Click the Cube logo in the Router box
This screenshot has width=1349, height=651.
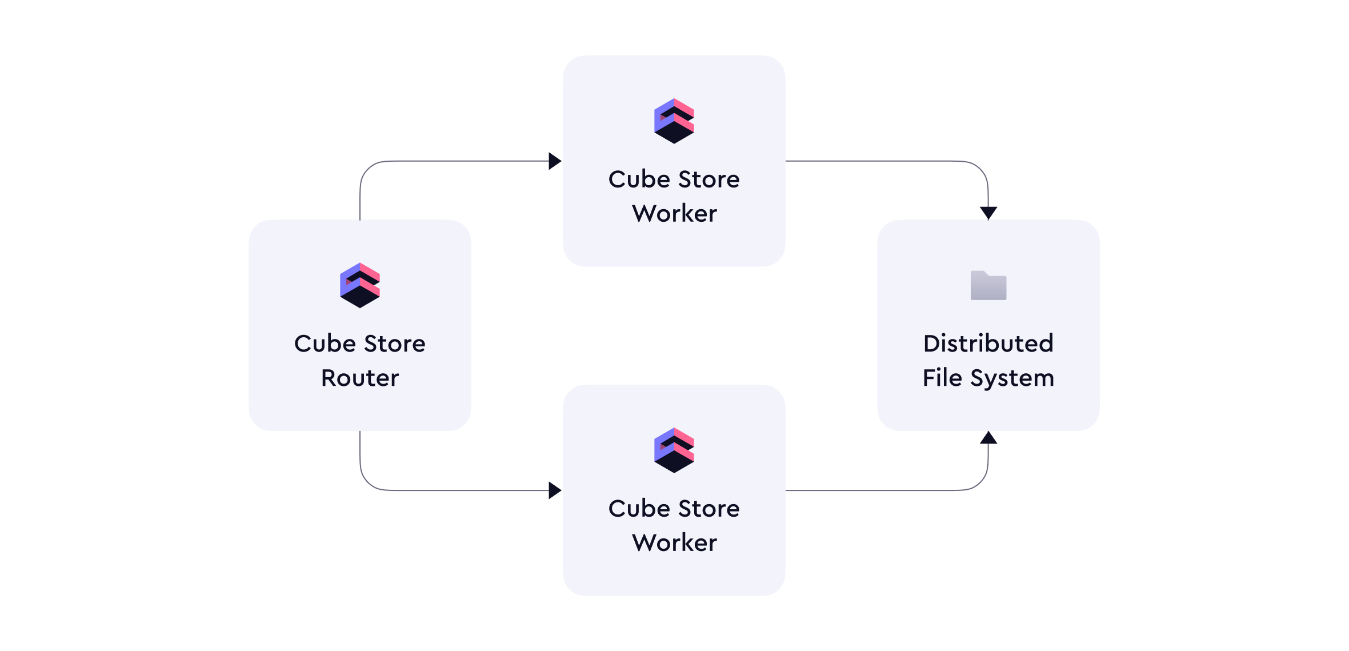coord(360,285)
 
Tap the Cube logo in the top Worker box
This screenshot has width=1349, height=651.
coord(674,121)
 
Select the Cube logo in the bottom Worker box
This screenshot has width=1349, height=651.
coord(674,450)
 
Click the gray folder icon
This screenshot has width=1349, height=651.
coord(988,285)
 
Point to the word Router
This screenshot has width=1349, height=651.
coord(360,378)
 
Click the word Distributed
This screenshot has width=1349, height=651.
coord(988,344)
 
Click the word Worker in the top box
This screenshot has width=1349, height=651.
coord(674,213)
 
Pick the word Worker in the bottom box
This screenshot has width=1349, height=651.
coord(674,542)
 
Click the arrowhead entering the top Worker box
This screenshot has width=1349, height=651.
coord(555,161)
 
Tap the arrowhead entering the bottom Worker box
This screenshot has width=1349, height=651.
coord(555,490)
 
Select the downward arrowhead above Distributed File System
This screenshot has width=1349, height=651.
coord(988,213)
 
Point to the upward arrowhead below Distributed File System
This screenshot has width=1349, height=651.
coord(988,438)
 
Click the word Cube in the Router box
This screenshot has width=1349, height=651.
coord(325,344)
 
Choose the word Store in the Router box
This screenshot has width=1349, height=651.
coord(395,344)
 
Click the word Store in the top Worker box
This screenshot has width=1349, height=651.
coord(709,179)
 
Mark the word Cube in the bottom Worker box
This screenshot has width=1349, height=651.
coord(639,508)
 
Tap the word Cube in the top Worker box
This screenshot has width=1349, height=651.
coord(639,179)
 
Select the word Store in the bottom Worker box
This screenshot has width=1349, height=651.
coord(709,508)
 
